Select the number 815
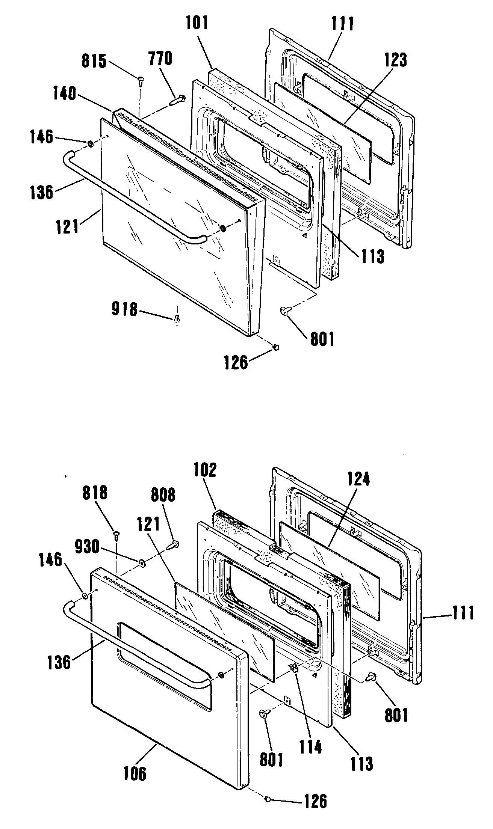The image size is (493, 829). (x=94, y=61)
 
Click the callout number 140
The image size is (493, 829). (x=65, y=93)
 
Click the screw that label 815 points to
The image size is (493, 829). (x=141, y=80)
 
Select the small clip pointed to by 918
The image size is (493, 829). (x=177, y=320)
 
